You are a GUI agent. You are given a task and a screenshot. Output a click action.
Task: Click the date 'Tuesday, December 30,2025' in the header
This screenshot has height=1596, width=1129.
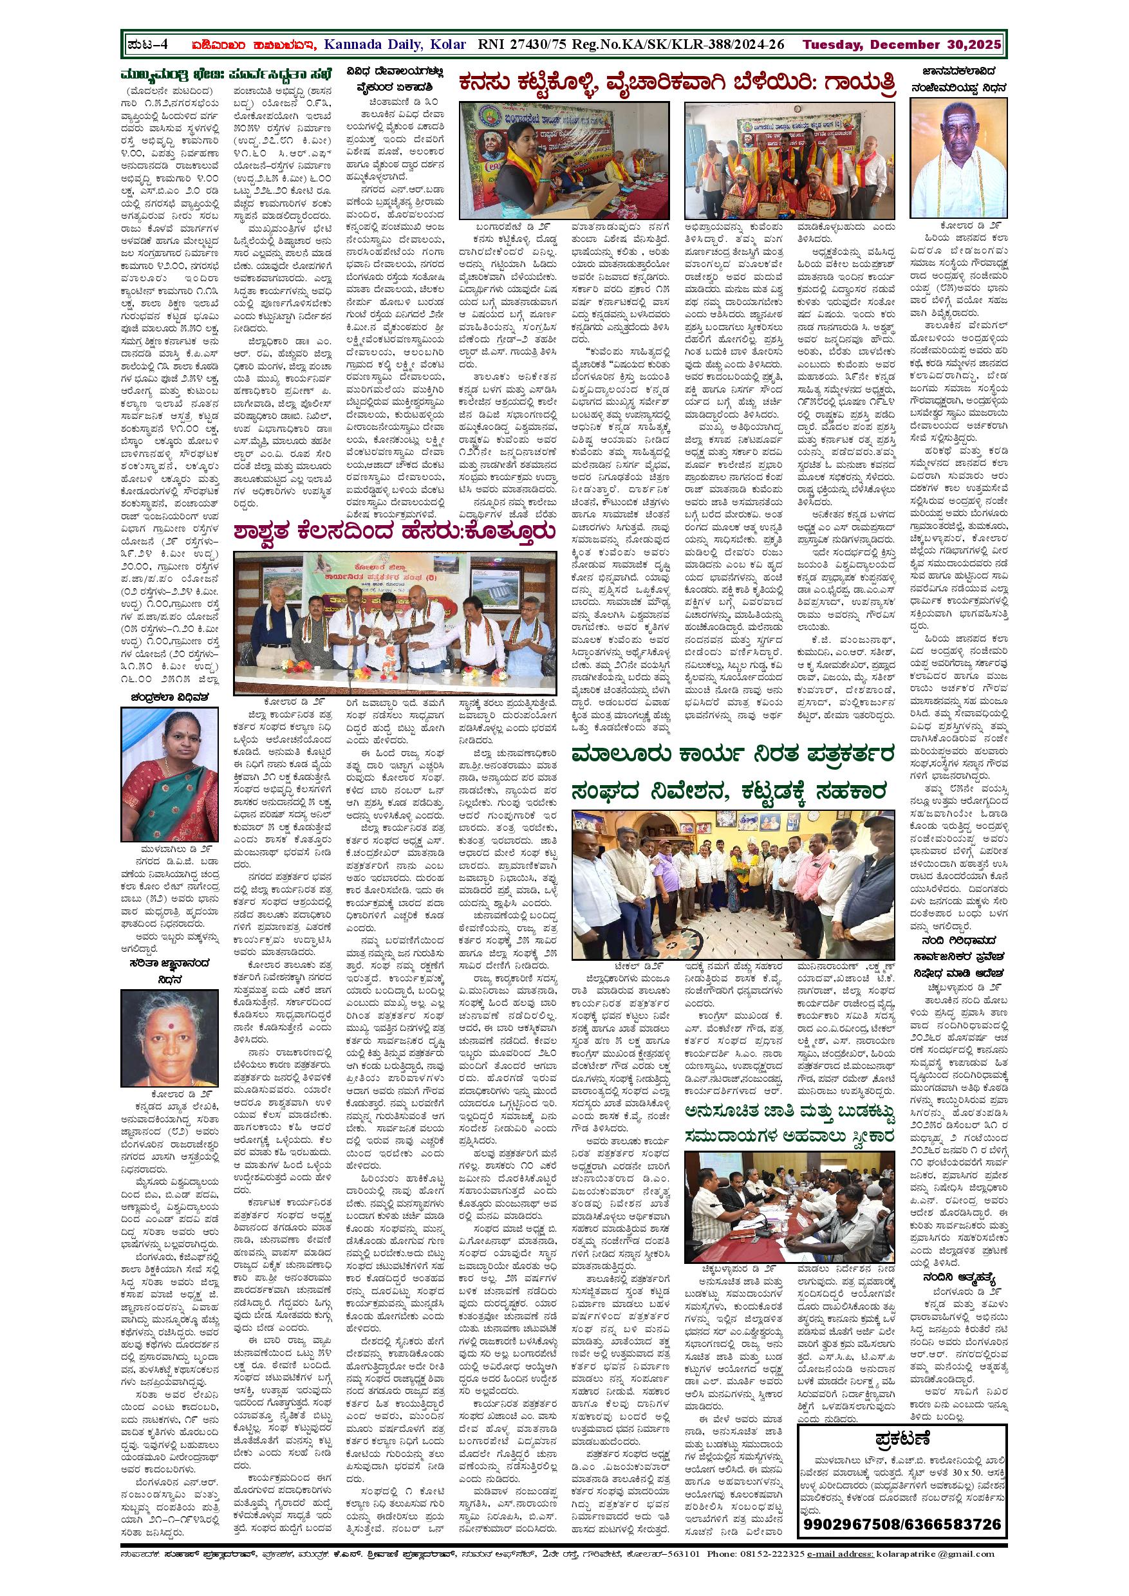point(902,45)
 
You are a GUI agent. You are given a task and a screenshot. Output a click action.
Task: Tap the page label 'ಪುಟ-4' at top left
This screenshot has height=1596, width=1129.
point(149,45)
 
